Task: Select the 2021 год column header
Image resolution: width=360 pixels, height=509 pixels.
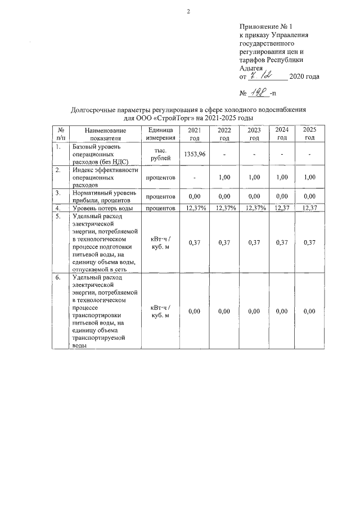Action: pos(194,134)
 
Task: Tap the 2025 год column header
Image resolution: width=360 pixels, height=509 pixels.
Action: pos(309,134)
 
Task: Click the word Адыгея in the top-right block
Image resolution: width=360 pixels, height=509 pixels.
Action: pos(250,68)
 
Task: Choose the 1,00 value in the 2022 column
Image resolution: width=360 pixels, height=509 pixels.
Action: pos(224,177)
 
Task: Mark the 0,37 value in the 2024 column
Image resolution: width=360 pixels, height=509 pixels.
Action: pos(282,242)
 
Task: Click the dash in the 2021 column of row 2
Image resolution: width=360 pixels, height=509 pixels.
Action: pos(194,177)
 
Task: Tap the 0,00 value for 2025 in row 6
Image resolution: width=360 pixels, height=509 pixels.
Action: pos(309,311)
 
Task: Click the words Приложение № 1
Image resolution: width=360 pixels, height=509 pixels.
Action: pos(266,26)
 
